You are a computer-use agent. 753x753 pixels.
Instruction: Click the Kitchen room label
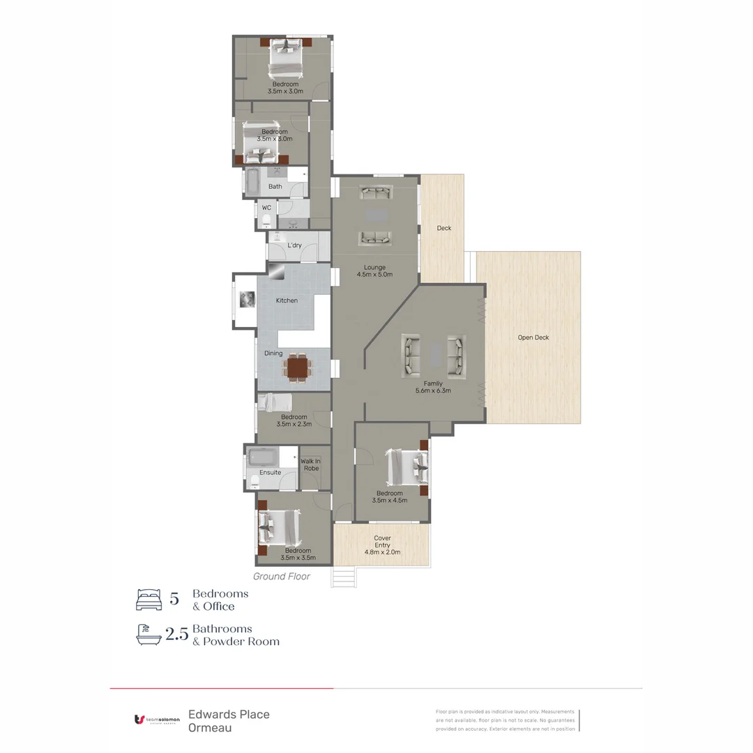(287, 301)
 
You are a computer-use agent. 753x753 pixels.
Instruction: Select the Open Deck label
(533, 337)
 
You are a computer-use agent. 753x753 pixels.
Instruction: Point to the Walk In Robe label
(311, 464)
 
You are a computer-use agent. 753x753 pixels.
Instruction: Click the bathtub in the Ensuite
(263, 458)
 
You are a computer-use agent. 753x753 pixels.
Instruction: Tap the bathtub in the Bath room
(252, 183)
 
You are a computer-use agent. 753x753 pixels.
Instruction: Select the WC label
(266, 208)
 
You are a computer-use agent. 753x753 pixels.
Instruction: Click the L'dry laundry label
(294, 245)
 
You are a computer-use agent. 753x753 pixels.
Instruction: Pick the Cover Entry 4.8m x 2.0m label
(382, 545)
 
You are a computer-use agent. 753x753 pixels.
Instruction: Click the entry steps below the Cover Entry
(343, 578)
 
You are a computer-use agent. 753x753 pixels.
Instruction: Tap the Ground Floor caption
(281, 577)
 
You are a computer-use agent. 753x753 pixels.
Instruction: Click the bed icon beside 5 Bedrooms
(148, 600)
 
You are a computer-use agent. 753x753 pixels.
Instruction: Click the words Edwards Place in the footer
(229, 714)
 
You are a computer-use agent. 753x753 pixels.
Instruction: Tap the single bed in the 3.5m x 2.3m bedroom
(276, 402)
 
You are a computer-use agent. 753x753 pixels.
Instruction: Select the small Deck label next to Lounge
(444, 228)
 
